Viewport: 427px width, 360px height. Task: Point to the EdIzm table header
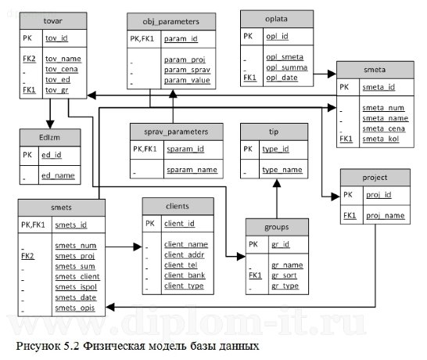coord(48,136)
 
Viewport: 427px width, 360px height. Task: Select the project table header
coord(375,177)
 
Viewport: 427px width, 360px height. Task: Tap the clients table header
coord(178,206)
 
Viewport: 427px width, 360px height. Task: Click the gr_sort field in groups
coord(286,275)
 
